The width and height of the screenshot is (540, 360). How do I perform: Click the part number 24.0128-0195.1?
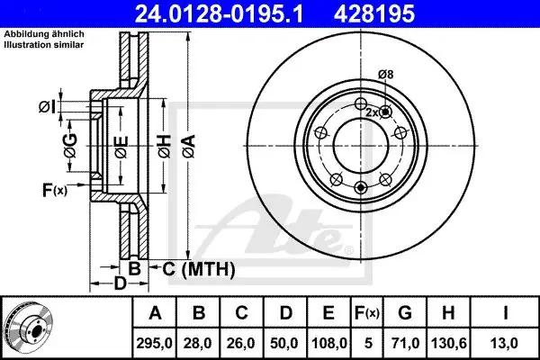click(219, 13)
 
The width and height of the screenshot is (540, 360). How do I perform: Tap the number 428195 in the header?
click(374, 13)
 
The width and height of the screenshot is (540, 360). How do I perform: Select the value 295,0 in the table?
click(154, 343)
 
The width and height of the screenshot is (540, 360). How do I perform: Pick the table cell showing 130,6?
click(448, 343)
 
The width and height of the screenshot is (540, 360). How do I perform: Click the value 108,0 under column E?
click(328, 343)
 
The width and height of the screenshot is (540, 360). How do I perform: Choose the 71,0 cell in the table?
click(405, 343)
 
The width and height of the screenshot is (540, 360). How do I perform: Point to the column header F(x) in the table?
click(367, 313)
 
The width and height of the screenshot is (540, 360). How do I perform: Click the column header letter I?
click(505, 313)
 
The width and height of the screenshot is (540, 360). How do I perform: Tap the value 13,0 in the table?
click(503, 343)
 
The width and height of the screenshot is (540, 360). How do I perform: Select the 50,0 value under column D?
click(284, 343)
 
